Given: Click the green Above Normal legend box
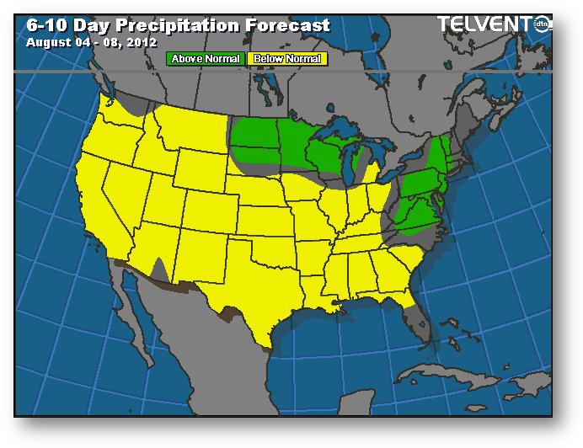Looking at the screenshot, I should tap(206, 59).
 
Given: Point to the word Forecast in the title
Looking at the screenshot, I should tap(287, 25).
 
